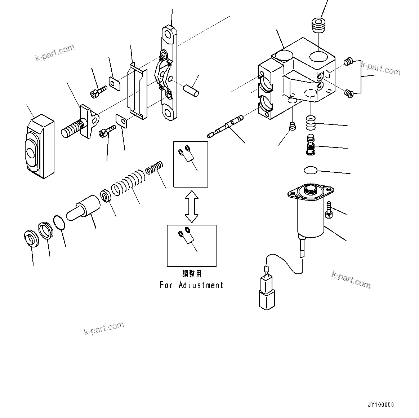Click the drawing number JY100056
[x=381, y=405]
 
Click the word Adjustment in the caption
[x=201, y=285]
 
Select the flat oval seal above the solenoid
[x=310, y=170]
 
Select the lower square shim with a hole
[x=121, y=121]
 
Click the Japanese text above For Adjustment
[x=192, y=274]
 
